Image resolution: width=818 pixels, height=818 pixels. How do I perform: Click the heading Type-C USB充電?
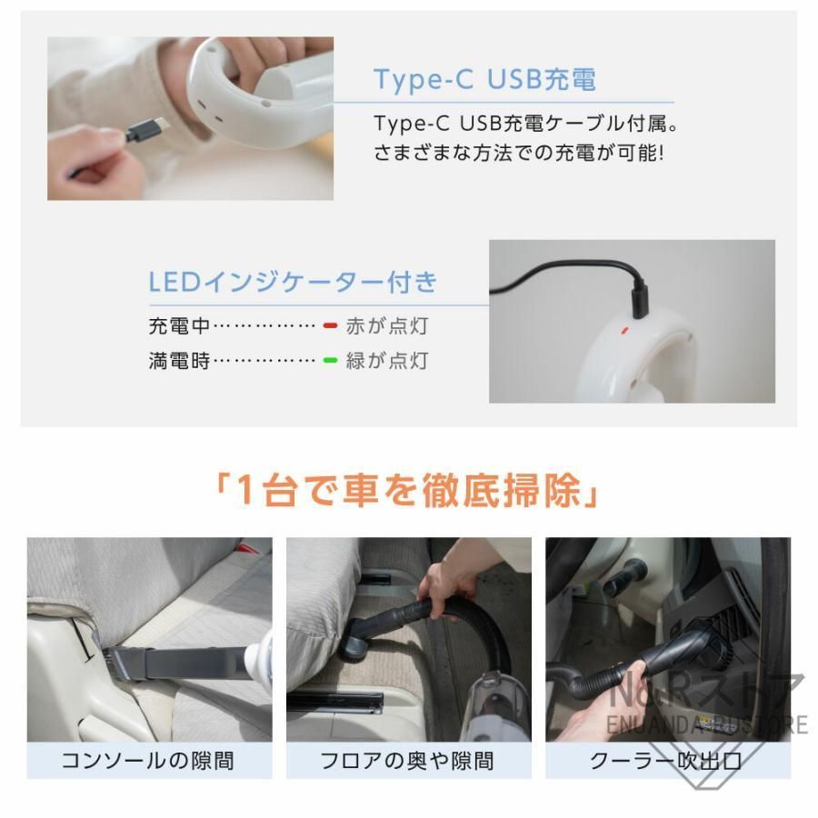(x=484, y=80)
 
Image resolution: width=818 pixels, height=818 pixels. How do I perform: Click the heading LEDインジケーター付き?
(x=293, y=281)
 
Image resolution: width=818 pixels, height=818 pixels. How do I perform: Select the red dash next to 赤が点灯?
(x=330, y=325)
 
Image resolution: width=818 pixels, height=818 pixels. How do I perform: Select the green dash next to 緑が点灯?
(x=330, y=361)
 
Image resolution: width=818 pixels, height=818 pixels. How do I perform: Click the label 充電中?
(x=179, y=325)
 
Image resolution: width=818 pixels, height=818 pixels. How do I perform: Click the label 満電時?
(x=179, y=361)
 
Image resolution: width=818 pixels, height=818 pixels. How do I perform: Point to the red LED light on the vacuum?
(x=624, y=331)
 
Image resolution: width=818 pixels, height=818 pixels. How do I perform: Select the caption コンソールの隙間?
(x=148, y=760)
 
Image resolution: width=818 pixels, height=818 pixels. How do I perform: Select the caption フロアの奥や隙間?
(x=408, y=760)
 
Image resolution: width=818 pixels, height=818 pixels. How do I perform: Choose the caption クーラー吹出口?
(x=666, y=760)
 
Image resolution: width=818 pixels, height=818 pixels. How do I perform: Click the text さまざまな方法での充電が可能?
(x=519, y=152)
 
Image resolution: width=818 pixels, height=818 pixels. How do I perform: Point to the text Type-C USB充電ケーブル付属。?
(x=526, y=122)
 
